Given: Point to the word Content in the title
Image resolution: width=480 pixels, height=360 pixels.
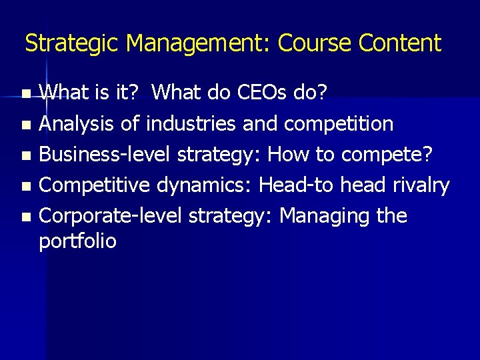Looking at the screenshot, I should point(399,44).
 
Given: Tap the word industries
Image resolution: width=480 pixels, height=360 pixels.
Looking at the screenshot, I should point(191,123).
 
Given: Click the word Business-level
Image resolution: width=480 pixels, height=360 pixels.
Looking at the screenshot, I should point(104,154).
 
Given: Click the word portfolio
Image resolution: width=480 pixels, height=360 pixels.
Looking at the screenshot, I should point(77,241).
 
